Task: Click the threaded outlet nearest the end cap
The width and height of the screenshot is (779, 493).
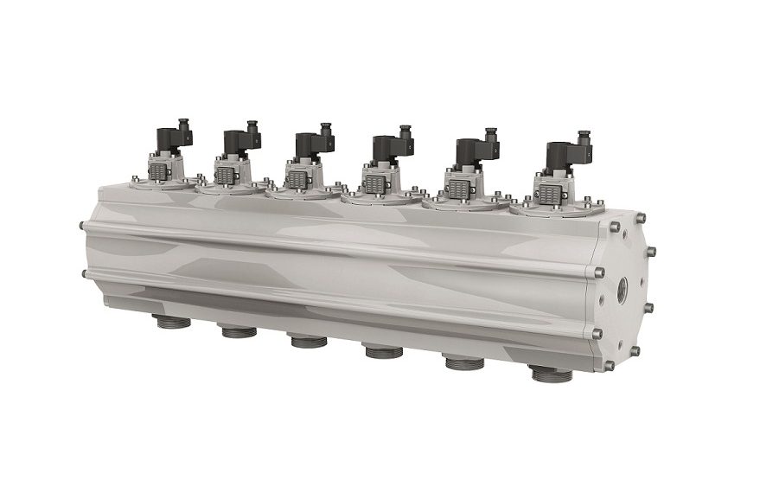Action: coord(551,375)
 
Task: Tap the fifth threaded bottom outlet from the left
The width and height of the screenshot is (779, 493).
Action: coord(465,362)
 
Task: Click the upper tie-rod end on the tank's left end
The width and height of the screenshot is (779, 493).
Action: coord(82,226)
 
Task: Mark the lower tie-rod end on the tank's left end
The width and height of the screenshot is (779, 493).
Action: coord(83,274)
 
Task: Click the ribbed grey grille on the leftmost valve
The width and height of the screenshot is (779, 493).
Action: coord(157,172)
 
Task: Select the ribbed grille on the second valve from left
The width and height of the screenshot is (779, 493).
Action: coord(224,176)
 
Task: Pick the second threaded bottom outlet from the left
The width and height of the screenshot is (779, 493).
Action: coord(238,330)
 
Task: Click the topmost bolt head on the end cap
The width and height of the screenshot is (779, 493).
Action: coord(614,227)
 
